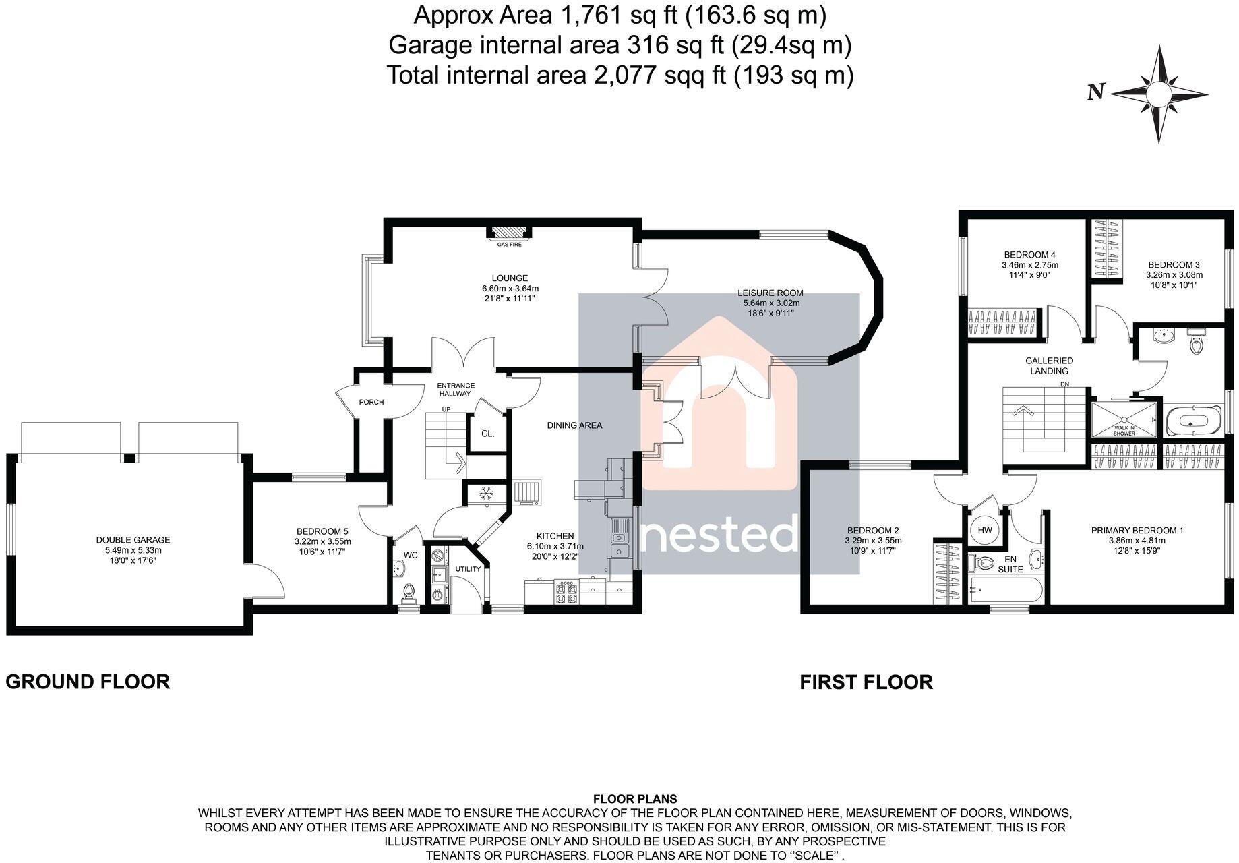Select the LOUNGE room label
coord(509,278)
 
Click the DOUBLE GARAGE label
coord(133,540)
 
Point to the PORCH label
coord(371,402)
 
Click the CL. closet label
coord(488,434)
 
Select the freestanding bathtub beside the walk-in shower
coord(1192,420)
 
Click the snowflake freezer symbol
coord(484,494)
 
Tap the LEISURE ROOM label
coord(770,293)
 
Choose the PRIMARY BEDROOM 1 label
coord(1137,531)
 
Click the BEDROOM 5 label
coord(322,531)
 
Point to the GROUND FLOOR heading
coord(88,682)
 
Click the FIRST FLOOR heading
coord(866,682)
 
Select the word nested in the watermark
coord(719,535)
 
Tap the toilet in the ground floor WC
coord(407,592)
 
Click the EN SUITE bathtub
coord(1004,591)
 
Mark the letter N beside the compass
coord(1095,92)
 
